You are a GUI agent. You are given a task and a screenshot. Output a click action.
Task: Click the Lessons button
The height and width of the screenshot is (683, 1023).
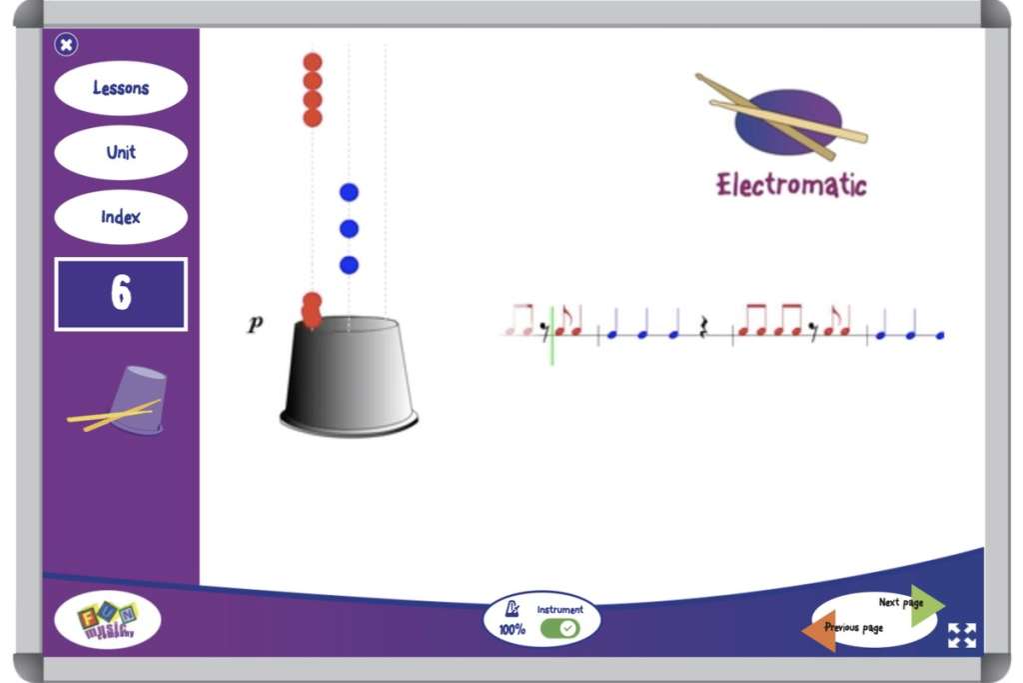coord(121,88)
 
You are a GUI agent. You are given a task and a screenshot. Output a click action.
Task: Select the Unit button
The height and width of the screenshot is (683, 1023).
coord(121,153)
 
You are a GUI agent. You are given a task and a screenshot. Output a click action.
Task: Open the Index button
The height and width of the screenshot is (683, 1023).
coord(121,217)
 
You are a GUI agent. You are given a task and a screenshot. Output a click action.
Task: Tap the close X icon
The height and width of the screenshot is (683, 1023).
coord(66,44)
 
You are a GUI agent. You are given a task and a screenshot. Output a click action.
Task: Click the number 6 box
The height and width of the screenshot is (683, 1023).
coord(121,294)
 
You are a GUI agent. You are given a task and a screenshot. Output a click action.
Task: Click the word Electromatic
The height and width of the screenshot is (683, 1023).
coord(791,185)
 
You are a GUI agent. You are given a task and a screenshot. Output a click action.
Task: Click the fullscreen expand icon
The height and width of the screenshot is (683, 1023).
coord(962,635)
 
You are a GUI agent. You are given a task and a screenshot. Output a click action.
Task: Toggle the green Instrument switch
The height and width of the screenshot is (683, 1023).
coord(559,628)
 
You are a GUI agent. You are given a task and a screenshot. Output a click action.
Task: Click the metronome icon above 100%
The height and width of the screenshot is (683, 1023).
coord(512,609)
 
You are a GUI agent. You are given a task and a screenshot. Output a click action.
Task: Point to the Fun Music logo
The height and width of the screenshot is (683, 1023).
coord(107,621)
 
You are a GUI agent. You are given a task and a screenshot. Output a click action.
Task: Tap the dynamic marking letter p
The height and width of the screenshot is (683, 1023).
coord(256,324)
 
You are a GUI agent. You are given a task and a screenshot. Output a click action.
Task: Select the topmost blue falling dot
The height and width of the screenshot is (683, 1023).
coord(349,192)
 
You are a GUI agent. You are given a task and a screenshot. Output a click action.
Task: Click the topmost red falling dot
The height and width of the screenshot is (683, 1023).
coord(313,63)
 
